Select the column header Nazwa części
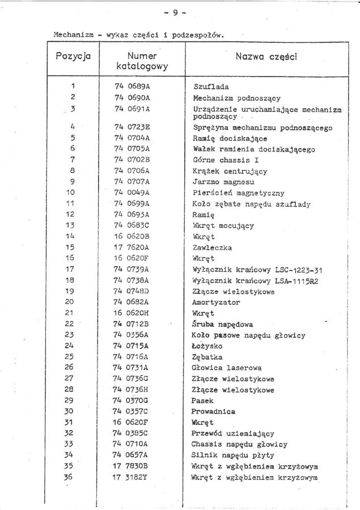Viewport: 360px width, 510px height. pos(266,57)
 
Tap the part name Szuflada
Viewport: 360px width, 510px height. pos(211,87)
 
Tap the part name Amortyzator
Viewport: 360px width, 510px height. pos(216,302)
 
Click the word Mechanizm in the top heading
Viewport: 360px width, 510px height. pos(73,35)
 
